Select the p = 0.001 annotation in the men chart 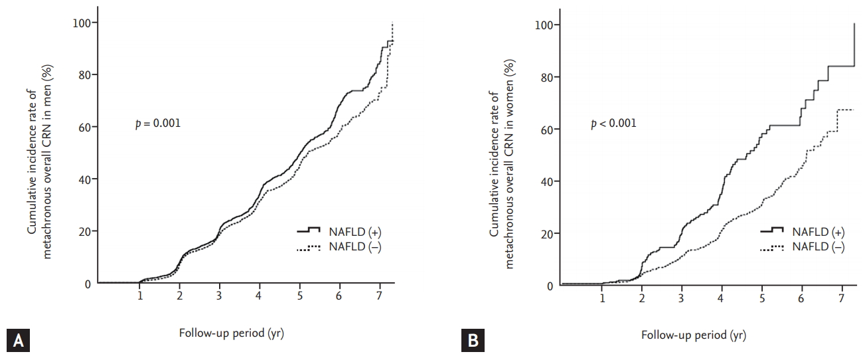click(x=158, y=124)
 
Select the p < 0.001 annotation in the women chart click(x=613, y=123)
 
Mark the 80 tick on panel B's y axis click(x=546, y=78)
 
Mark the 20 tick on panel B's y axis click(x=546, y=234)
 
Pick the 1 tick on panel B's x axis click(x=602, y=298)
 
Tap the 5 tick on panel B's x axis click(x=762, y=298)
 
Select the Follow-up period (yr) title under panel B click(x=693, y=335)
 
